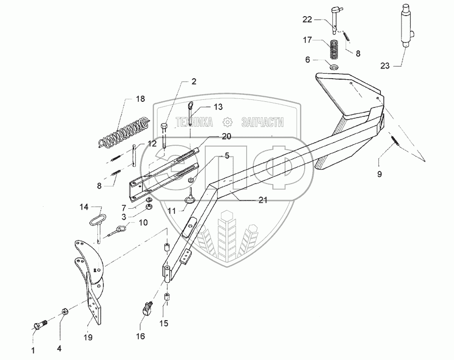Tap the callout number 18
tap(140, 98)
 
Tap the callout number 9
tap(379, 174)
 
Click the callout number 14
tap(84, 207)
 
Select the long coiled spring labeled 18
tap(124, 133)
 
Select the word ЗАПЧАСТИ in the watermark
tap(263, 123)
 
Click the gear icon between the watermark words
tap(228, 123)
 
